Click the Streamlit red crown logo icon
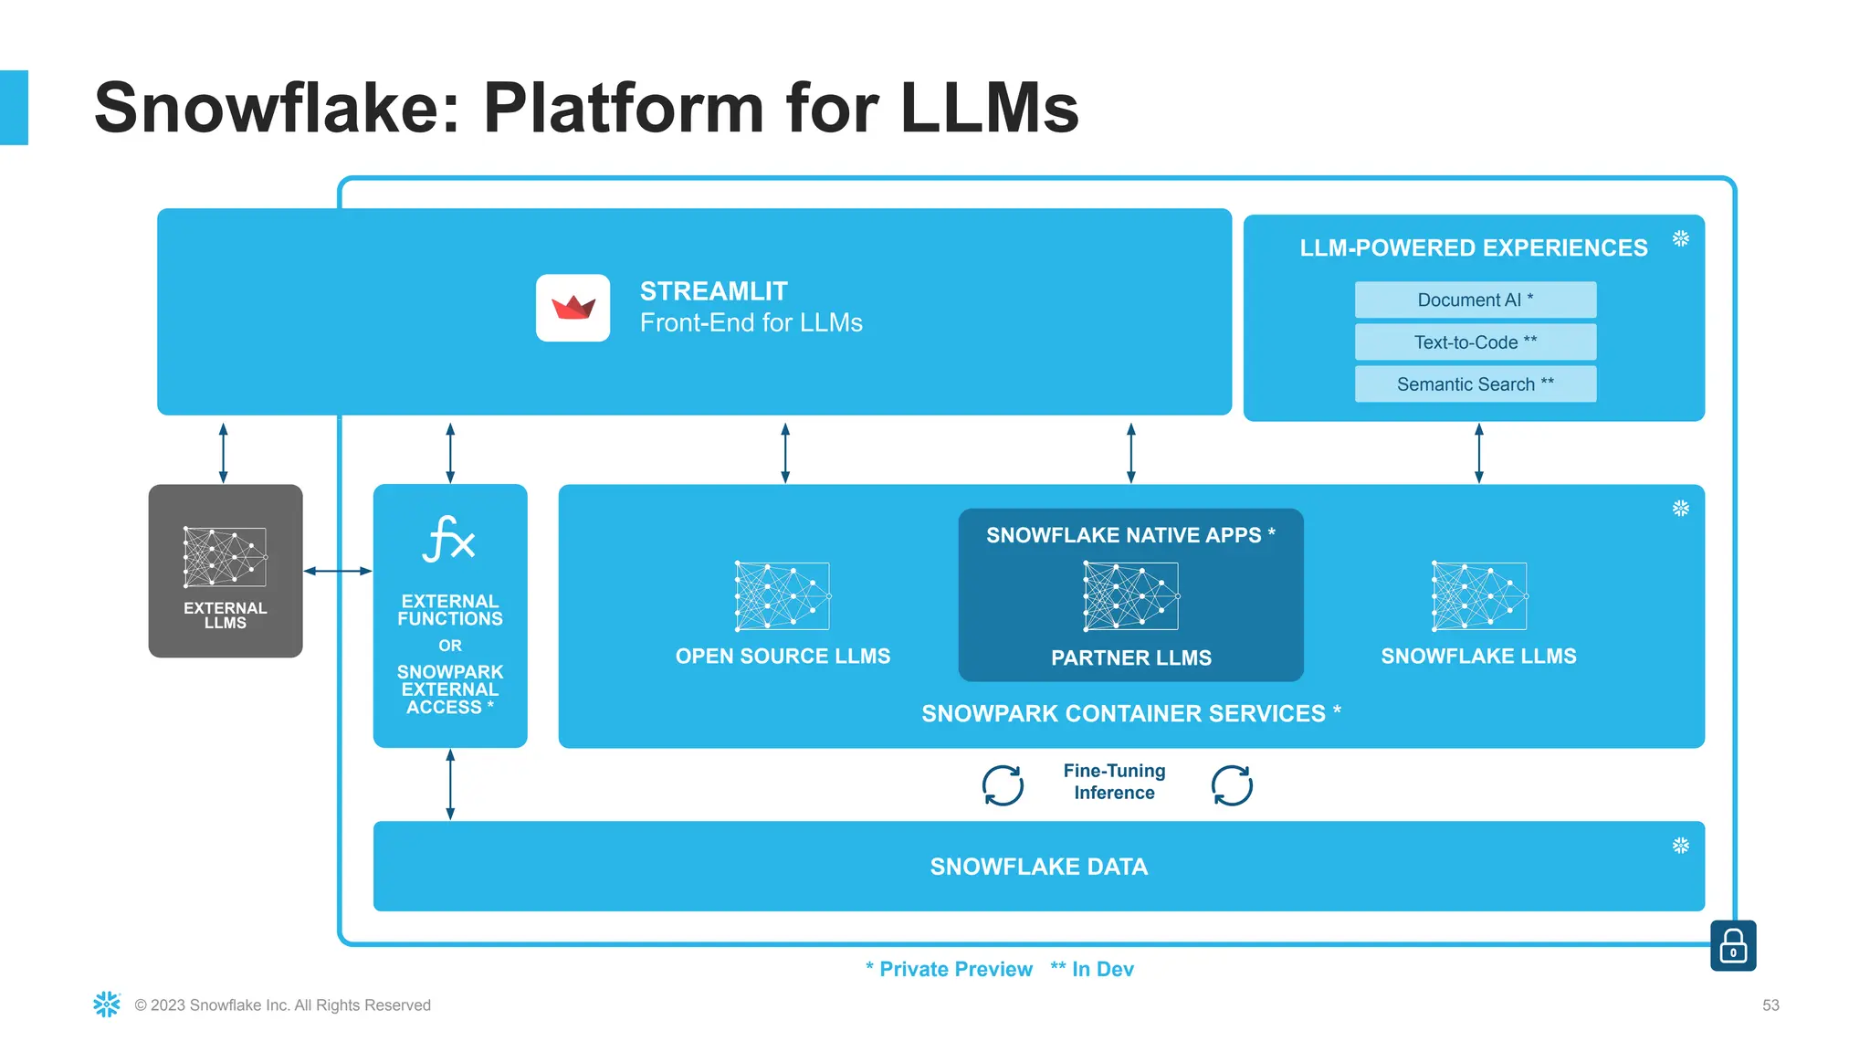point(573,308)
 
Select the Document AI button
point(1475,300)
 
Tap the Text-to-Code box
point(1475,342)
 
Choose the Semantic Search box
point(1475,384)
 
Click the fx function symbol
point(448,539)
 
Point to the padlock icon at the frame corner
point(1732,945)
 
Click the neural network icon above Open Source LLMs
point(783,595)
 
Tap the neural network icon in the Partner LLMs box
point(1130,595)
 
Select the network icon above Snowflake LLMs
point(1479,595)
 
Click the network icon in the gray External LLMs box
point(225,556)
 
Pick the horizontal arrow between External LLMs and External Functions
point(338,571)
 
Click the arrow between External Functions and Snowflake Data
point(450,784)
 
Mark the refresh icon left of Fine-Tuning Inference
point(1003,785)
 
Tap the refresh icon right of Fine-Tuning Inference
point(1232,785)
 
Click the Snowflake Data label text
point(1038,867)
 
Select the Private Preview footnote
point(949,969)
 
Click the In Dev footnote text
point(1092,969)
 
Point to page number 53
point(1770,1005)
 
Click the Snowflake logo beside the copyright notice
point(107,1005)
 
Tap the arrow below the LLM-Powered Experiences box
point(1479,453)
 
